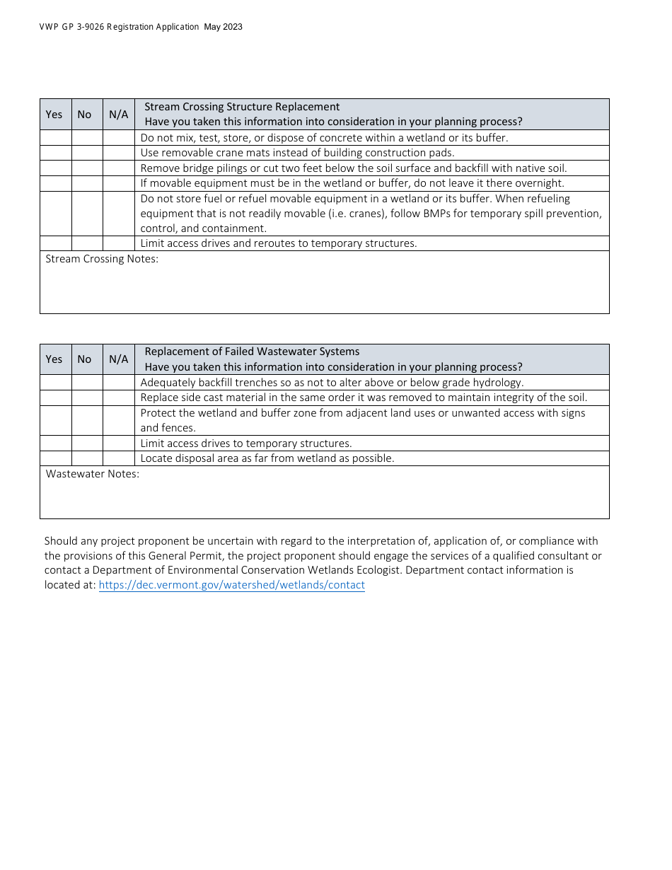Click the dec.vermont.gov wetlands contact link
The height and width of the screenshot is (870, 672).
(x=231, y=585)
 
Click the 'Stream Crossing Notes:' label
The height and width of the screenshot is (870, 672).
(x=102, y=259)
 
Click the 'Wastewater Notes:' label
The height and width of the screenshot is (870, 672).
(x=93, y=474)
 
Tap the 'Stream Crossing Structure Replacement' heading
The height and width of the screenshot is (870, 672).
(x=242, y=107)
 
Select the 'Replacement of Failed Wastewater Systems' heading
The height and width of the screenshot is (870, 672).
(x=252, y=352)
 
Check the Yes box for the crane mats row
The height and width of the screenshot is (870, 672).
(x=56, y=153)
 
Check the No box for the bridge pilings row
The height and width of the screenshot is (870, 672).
(x=87, y=168)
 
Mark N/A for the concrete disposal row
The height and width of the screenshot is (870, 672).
(x=119, y=138)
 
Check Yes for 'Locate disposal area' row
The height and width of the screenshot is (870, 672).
(x=56, y=458)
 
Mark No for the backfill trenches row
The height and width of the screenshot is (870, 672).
(x=87, y=383)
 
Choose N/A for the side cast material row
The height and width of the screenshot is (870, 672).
(x=119, y=398)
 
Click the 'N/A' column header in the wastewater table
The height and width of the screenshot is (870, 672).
(x=119, y=359)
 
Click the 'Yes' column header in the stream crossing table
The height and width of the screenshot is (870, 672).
(x=54, y=115)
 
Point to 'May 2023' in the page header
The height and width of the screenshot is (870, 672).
(x=223, y=27)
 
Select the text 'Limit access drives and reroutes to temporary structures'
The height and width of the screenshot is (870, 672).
(x=279, y=243)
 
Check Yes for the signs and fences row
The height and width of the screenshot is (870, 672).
(x=56, y=420)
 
